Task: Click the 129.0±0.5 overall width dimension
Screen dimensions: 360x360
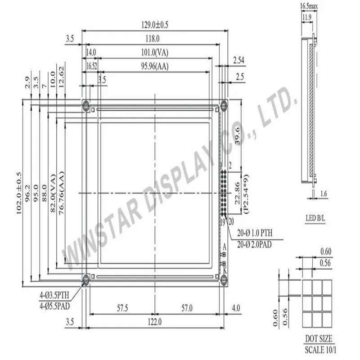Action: click(154, 25)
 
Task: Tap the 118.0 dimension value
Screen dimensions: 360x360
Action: click(153, 39)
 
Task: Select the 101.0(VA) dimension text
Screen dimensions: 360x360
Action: click(155, 53)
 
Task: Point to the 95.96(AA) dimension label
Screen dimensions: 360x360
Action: click(155, 66)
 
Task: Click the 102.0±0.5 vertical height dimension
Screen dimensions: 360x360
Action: click(19, 193)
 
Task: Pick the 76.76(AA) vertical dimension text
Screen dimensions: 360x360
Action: click(62, 193)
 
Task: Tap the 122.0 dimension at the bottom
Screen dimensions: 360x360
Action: click(154, 322)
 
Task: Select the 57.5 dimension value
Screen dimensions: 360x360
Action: click(122, 308)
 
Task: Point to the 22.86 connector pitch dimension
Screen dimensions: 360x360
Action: click(238, 193)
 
